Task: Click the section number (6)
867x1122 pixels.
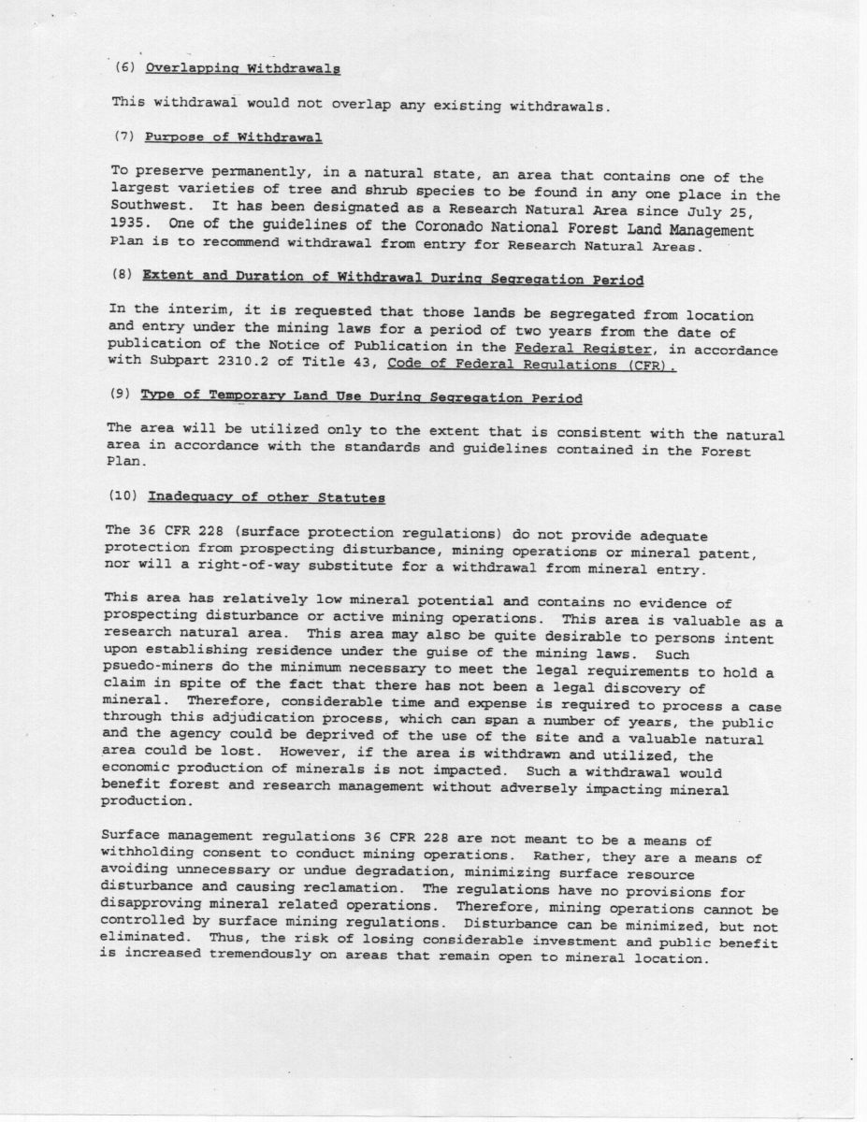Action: coord(123,68)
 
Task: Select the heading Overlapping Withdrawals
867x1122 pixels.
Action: coord(242,68)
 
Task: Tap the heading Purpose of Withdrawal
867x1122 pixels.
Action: coord(234,137)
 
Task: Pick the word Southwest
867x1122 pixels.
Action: coord(146,212)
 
